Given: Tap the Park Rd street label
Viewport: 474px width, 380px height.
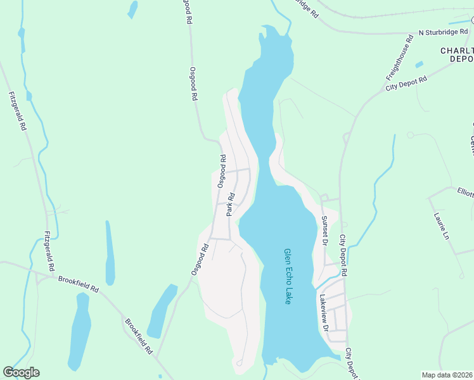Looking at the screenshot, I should [x=231, y=203].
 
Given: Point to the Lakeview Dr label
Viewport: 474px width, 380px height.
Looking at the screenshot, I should [x=324, y=313].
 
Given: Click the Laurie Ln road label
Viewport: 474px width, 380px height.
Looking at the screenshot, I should [x=441, y=225].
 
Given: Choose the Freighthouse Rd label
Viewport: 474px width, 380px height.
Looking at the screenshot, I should [x=399, y=58].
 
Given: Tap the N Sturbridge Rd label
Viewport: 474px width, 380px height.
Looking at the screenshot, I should [x=444, y=31].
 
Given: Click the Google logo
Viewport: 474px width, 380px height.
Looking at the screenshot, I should [x=21, y=372].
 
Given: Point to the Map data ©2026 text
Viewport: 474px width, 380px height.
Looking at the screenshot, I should [x=447, y=375].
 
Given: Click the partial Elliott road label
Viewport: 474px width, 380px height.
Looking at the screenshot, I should [x=465, y=191].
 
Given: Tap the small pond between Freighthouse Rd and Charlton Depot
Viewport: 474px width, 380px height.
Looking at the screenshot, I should [x=419, y=64].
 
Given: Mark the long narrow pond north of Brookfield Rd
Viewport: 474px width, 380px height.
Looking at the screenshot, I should [x=110, y=253].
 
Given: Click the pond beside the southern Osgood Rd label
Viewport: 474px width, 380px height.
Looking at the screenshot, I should [x=162, y=310].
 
